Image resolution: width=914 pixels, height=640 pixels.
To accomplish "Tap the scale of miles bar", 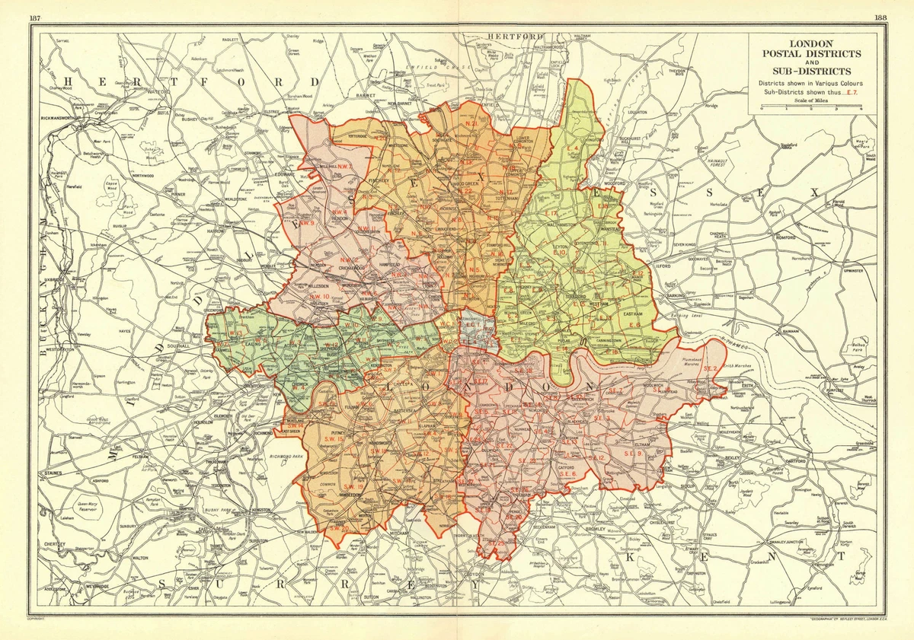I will coord(811,107).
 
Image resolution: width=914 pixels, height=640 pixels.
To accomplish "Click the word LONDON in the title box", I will coord(812,44).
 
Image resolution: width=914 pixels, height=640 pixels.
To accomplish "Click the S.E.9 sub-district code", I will coord(634,454).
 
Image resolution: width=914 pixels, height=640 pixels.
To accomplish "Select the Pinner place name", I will coord(178,195).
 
